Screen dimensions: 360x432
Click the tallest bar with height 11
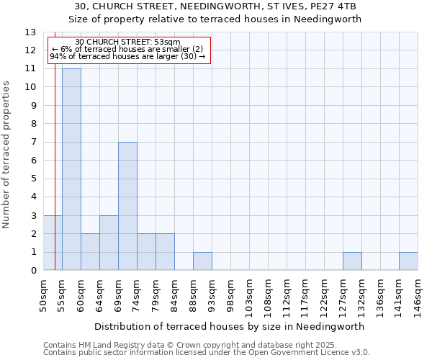[71, 169]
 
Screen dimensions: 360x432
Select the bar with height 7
[127, 206]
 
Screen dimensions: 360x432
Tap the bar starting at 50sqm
[53, 243]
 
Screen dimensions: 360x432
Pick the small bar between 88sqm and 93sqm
[202, 261]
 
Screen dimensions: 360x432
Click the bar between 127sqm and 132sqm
[352, 261]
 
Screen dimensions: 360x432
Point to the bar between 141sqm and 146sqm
[408, 261]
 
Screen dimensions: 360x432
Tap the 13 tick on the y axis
[30, 32]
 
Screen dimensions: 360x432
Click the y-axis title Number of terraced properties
[6, 154]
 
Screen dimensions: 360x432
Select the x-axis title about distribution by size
[229, 326]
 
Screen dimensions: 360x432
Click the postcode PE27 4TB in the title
[336, 6]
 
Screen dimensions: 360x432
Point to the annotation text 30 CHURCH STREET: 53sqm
[127, 42]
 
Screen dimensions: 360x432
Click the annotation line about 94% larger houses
[127, 56]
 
